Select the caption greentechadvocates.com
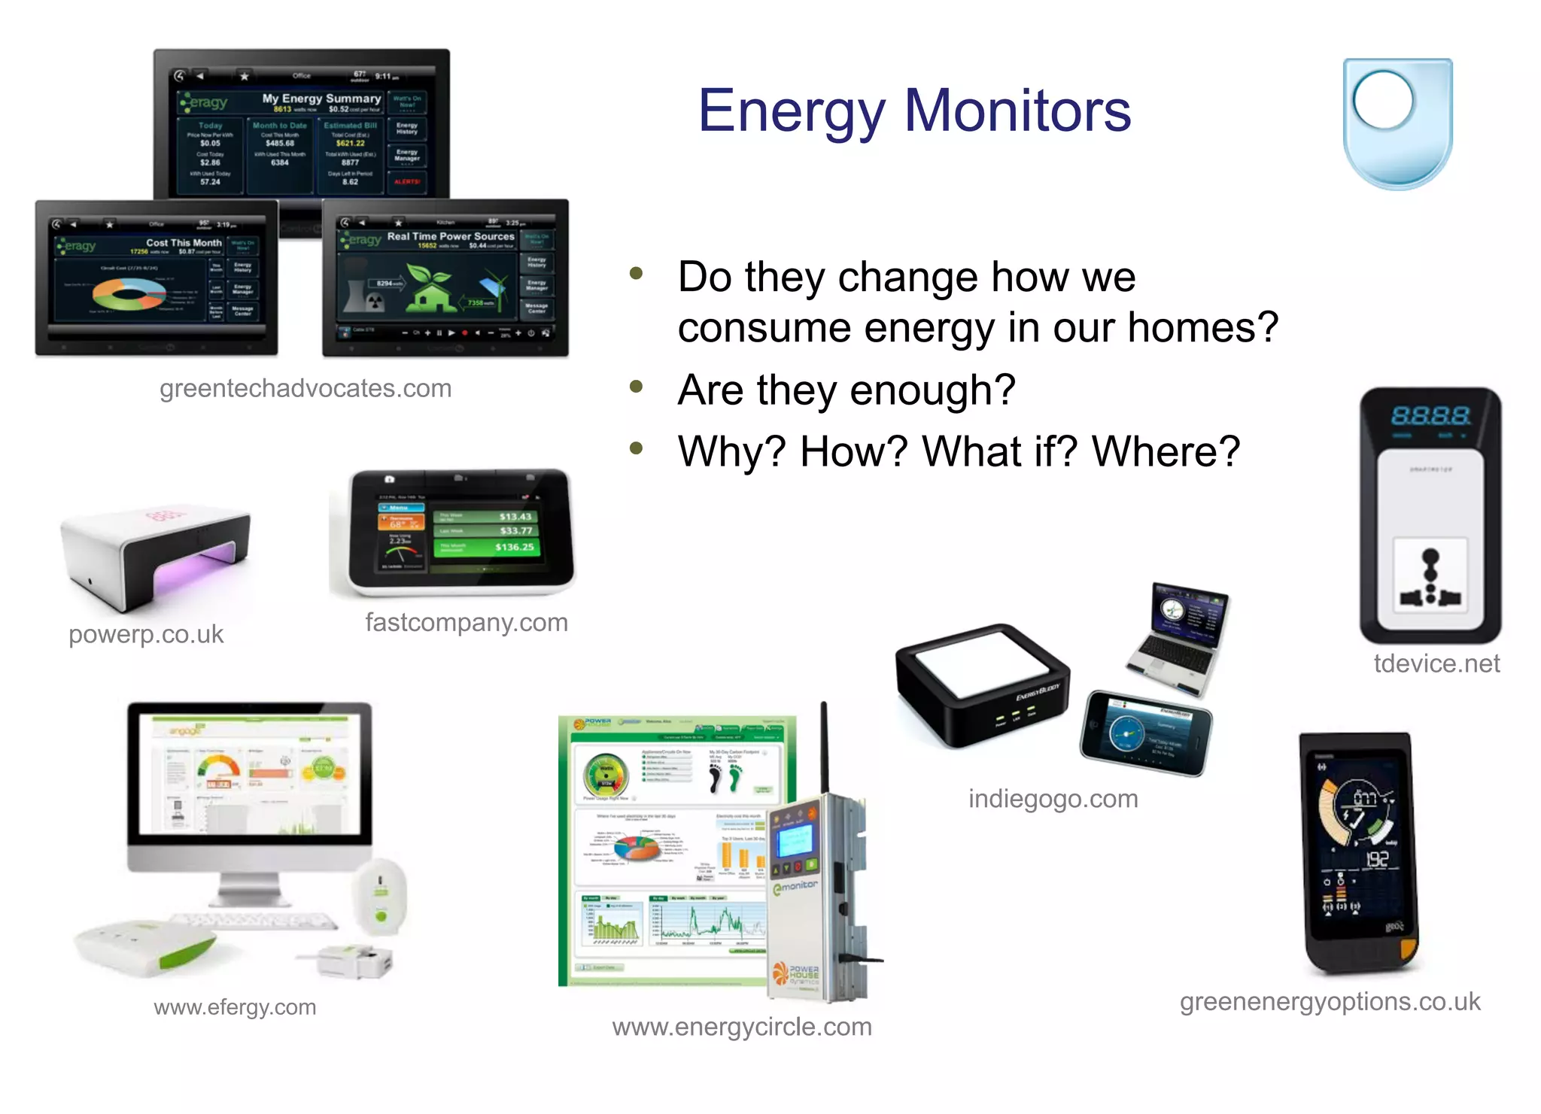coord(305,388)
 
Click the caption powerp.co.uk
coord(146,634)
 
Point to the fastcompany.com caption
coord(467,622)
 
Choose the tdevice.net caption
coord(1436,663)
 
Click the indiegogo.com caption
coord(1053,798)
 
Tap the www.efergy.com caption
coord(235,1006)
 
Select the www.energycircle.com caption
coord(742,1027)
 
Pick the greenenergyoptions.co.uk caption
coord(1330,1001)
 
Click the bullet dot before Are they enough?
coord(637,387)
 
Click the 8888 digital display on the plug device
coord(1430,415)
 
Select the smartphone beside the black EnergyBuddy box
coord(1146,733)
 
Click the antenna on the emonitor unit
coord(824,745)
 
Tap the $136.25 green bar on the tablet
coord(487,547)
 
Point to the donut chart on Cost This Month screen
coord(129,293)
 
